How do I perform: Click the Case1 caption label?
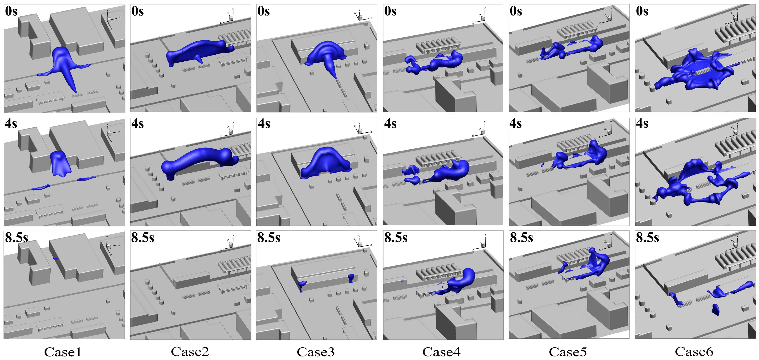63,352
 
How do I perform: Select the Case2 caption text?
190,352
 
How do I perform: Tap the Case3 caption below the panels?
316,352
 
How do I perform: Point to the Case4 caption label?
441,352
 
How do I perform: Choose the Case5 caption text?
568,352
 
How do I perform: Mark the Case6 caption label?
694,352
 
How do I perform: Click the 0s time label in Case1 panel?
11,11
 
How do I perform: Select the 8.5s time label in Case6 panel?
647,237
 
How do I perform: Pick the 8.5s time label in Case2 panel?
143,237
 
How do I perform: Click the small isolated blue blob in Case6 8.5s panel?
715,309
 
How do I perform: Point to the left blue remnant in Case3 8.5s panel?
302,285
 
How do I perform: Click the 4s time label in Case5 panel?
516,124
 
